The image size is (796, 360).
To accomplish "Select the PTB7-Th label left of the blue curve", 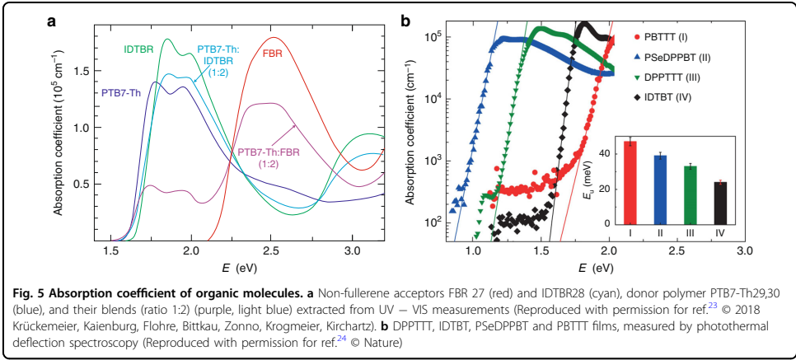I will coord(120,93).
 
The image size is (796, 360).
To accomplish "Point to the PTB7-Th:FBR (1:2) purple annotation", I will coord(270,158).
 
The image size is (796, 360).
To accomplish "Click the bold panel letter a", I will coord(51,22).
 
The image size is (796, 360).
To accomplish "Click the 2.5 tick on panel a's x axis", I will coord(272,250).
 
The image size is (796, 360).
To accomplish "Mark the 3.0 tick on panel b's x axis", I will coord(746,250).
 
